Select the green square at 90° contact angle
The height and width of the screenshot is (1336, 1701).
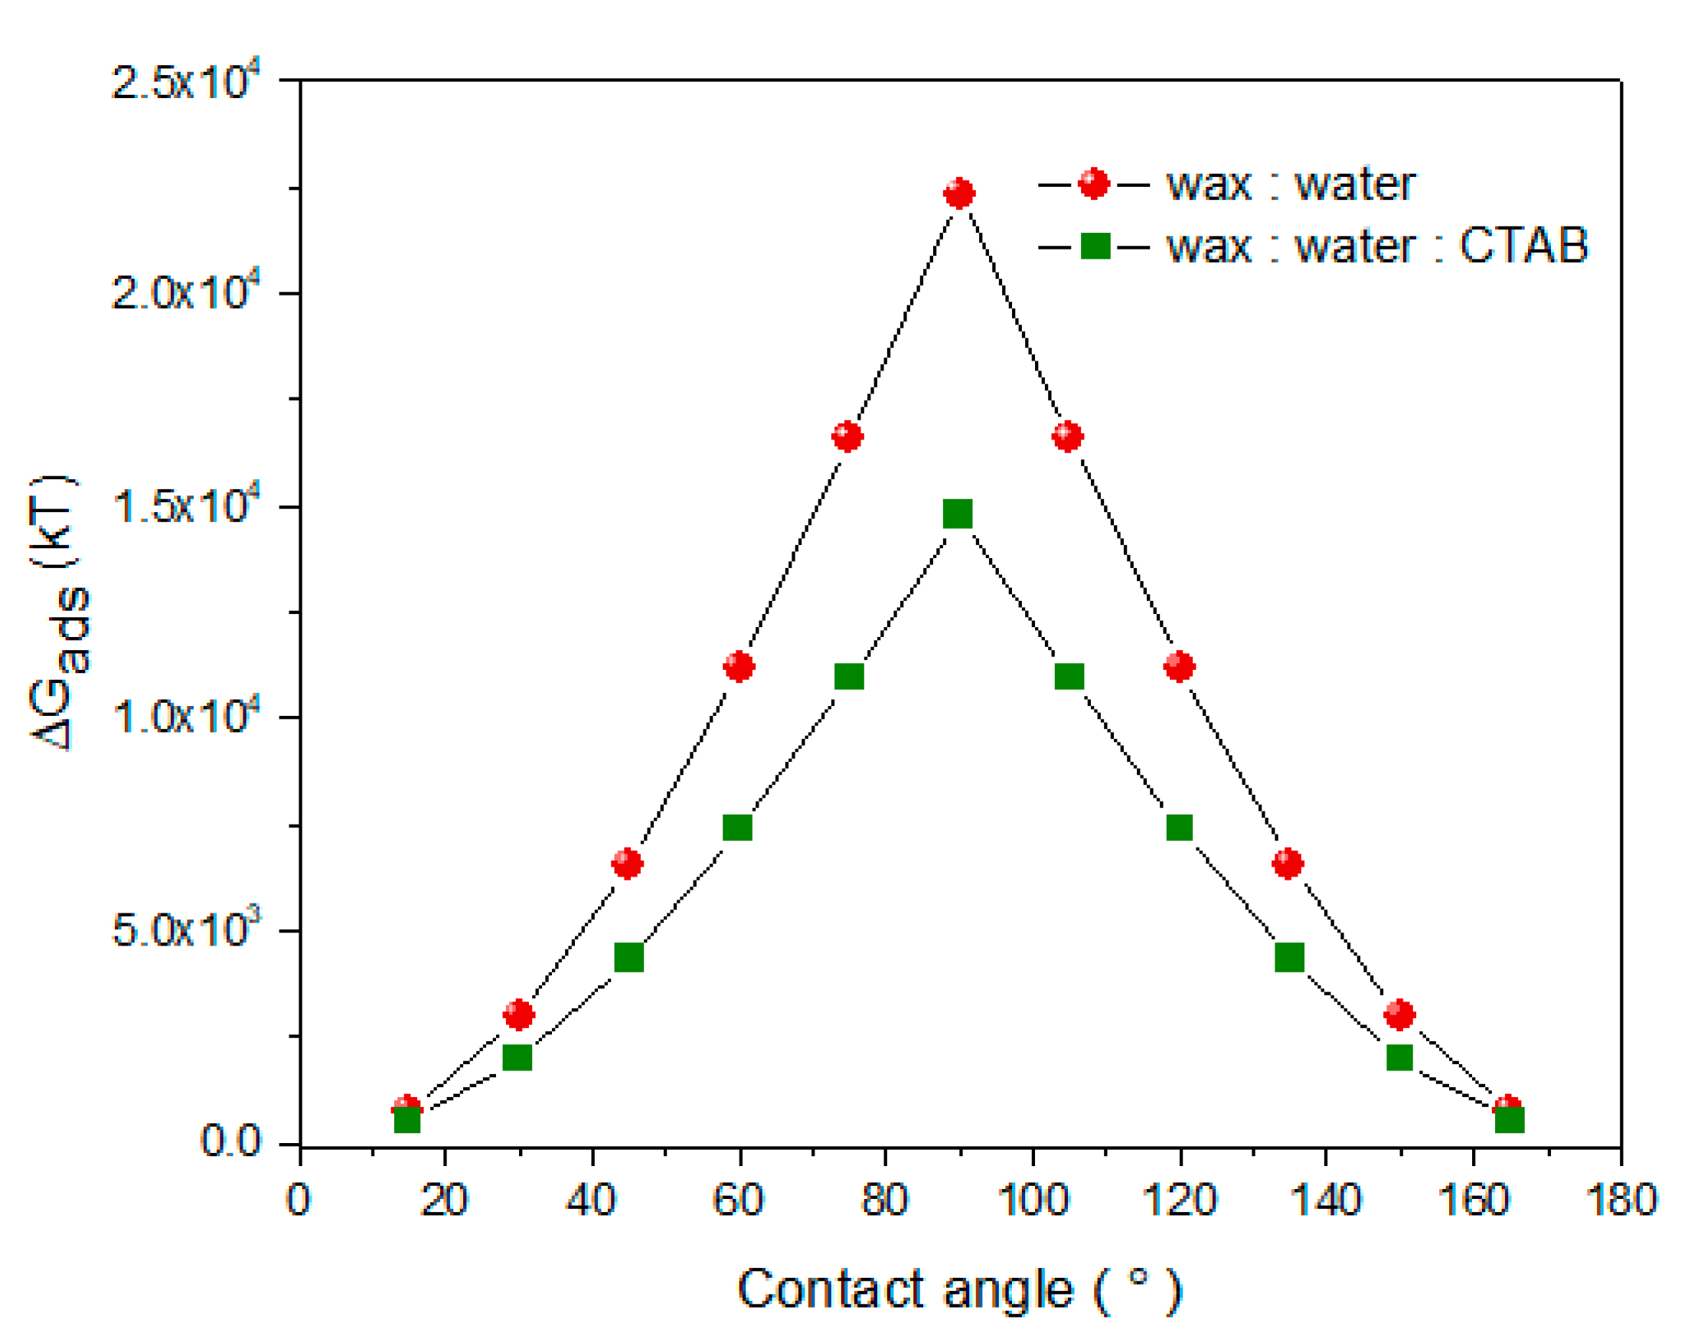(x=958, y=514)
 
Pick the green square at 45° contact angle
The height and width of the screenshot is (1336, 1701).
(x=628, y=956)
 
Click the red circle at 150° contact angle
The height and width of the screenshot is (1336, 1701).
(x=1399, y=1014)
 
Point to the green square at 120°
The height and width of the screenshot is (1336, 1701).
(x=1180, y=827)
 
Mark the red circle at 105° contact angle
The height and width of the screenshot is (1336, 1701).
(x=1067, y=436)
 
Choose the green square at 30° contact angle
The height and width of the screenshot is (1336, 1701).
(x=517, y=1057)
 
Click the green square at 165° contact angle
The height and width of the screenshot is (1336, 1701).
(x=1510, y=1120)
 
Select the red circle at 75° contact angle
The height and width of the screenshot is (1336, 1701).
(x=847, y=436)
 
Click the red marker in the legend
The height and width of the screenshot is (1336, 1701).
(x=1093, y=184)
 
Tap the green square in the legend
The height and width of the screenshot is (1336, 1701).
(x=1095, y=246)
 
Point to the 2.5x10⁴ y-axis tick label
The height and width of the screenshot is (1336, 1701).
(x=184, y=80)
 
